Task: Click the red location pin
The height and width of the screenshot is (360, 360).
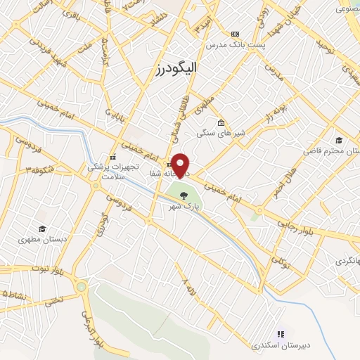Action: pyautogui.click(x=181, y=165)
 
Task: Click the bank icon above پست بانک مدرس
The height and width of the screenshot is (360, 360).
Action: pyautogui.click(x=235, y=34)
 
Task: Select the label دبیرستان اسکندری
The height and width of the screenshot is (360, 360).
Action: pyautogui.click(x=280, y=345)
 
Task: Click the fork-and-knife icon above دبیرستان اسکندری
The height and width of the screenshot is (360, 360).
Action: pyautogui.click(x=280, y=334)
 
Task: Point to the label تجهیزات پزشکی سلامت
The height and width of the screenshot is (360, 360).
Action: pyautogui.click(x=109, y=171)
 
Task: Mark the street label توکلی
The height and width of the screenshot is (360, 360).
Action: pyautogui.click(x=281, y=264)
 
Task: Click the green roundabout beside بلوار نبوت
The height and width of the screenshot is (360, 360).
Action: pyautogui.click(x=82, y=286)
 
